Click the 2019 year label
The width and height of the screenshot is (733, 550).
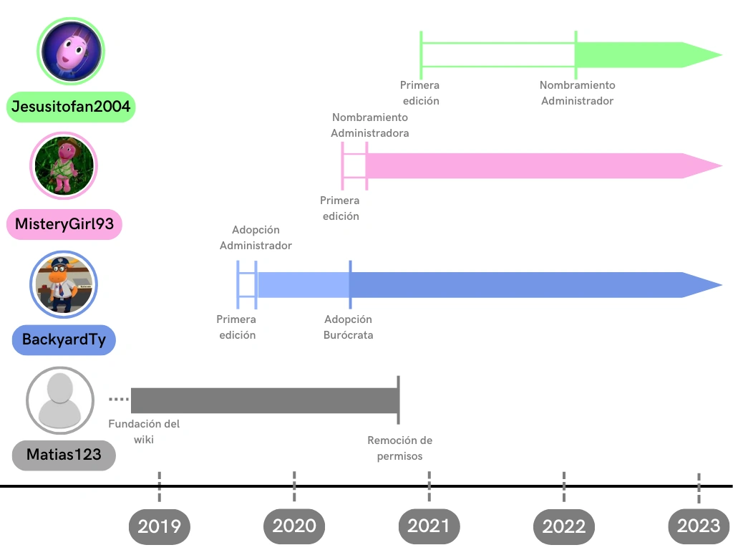tap(159, 527)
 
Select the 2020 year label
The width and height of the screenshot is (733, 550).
tap(294, 526)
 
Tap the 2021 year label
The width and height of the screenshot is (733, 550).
tap(429, 526)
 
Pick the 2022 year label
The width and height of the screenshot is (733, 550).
tap(564, 527)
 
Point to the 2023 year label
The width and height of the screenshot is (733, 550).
tap(699, 526)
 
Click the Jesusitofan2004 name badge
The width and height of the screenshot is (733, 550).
tap(71, 107)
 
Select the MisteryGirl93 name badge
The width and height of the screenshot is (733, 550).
tap(64, 224)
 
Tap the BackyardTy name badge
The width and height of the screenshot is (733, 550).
tap(64, 339)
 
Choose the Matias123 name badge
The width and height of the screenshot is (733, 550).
tap(64, 455)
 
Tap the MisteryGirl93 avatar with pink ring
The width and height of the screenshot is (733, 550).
tap(64, 166)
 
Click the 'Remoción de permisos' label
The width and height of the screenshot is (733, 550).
tap(399, 448)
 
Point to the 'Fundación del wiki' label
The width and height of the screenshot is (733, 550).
tap(144, 431)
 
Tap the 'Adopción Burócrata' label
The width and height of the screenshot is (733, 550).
tap(349, 327)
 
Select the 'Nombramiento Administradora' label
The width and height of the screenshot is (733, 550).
tap(370, 125)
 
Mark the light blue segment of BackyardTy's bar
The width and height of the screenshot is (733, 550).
tap(303, 285)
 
